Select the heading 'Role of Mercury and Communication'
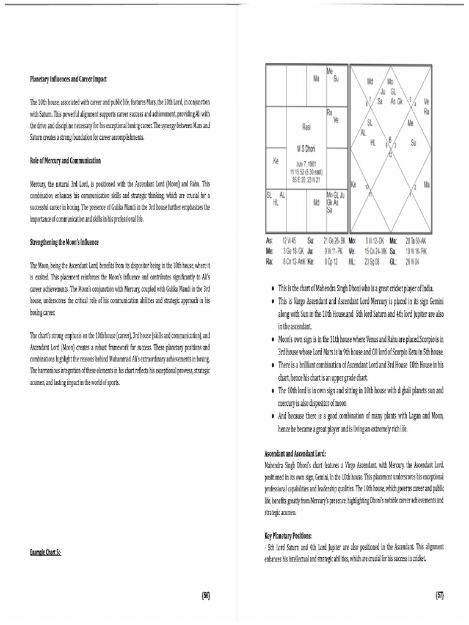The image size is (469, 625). point(65,161)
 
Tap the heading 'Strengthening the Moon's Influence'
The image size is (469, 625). point(64,242)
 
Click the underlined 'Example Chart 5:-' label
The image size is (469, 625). point(46,552)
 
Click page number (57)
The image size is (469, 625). point(439,595)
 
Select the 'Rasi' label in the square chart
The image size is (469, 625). point(307,127)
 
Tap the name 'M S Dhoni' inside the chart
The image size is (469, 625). point(307,148)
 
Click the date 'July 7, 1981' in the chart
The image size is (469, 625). point(307,164)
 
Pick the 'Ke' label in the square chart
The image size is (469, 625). point(275,162)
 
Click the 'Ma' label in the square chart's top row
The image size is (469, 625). point(316,79)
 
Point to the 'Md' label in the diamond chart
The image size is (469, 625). point(370,81)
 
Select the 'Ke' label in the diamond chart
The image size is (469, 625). point(354,184)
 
